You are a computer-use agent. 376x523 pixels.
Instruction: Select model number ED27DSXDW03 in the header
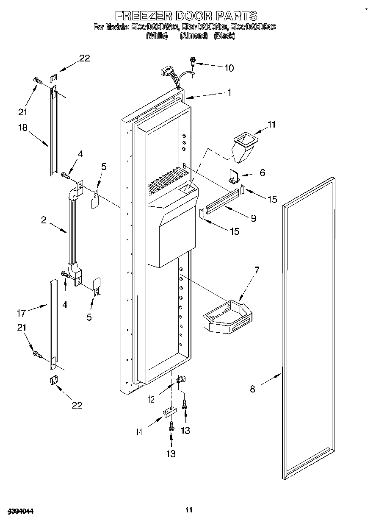pos(155,27)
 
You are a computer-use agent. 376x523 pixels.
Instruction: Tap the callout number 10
pos(229,68)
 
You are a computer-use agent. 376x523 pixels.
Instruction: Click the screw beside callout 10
pos(193,61)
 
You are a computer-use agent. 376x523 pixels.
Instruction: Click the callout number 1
pos(229,92)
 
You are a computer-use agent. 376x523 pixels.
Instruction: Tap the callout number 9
pos(253,218)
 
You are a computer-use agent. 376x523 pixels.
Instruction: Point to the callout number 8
pos(252,389)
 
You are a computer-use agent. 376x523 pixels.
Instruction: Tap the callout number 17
pos(21,313)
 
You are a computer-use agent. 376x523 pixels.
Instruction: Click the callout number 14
pos(139,432)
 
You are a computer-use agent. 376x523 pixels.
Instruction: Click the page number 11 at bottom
pos(189,510)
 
